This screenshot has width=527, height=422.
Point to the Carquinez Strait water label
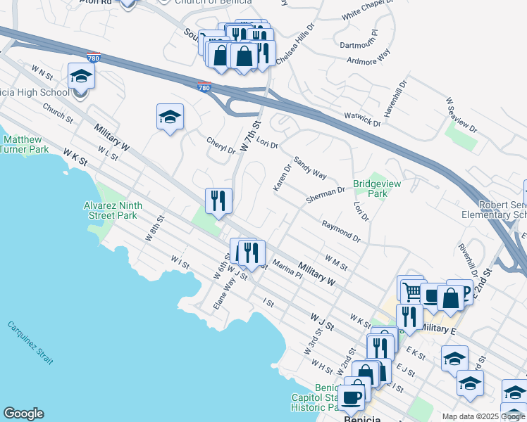point(30,343)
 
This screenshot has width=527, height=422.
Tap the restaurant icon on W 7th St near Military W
point(218,200)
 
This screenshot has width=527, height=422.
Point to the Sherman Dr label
point(325,195)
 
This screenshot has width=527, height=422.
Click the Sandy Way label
point(310,167)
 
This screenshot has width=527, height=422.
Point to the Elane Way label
point(224,295)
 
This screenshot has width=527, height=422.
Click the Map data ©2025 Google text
point(483,416)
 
